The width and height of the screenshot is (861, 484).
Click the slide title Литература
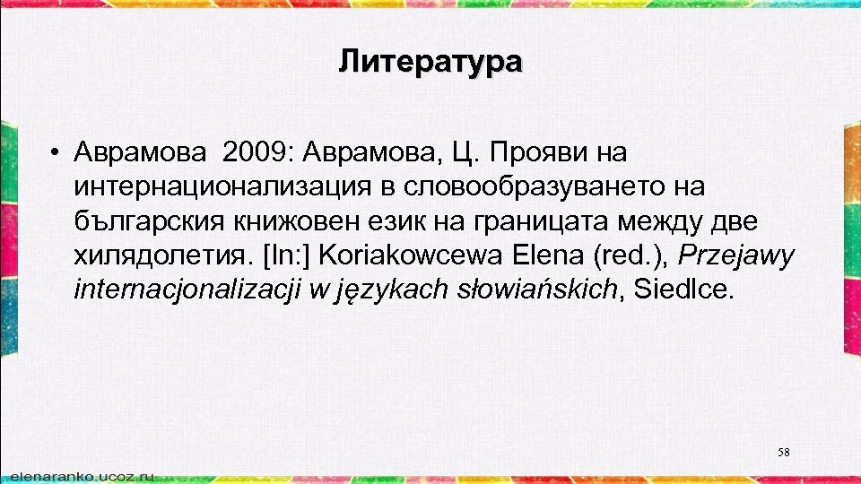point(430,62)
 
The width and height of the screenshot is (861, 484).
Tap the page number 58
point(783,453)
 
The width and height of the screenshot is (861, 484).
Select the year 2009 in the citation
point(254,153)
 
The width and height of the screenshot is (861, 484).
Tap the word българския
point(147,221)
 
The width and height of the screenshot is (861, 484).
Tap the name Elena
point(550,255)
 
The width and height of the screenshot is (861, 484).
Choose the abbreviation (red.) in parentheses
point(630,255)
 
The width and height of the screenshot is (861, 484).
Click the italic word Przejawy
point(735,255)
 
